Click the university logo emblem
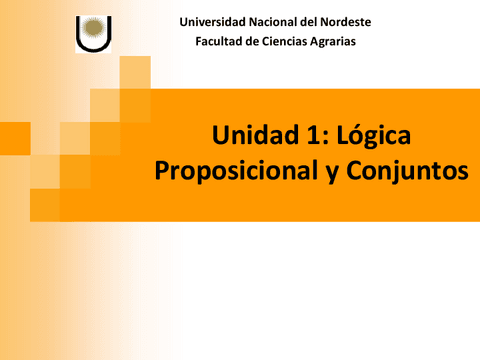[93, 33]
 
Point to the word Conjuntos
[407, 171]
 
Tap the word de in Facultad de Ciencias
[253, 41]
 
